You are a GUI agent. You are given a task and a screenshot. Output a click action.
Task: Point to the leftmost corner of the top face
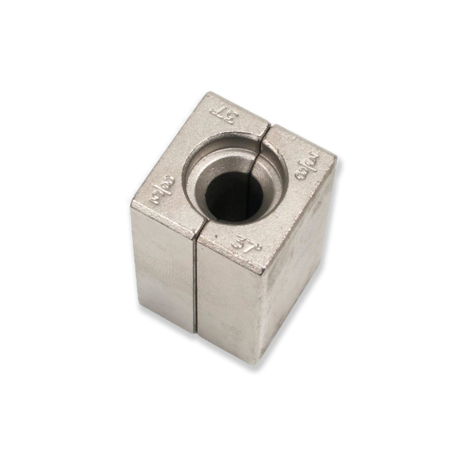pyautogui.click(x=132, y=205)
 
